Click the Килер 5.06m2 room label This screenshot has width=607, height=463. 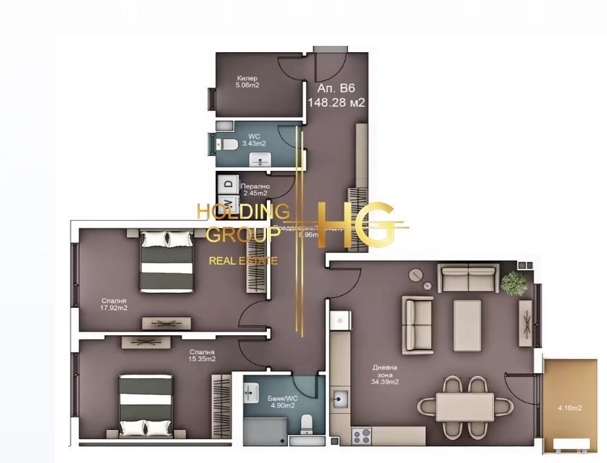coord(247,82)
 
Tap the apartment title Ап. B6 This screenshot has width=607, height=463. coord(336,89)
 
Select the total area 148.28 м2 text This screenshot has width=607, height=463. coord(336,102)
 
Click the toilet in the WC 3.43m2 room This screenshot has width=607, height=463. coord(228,144)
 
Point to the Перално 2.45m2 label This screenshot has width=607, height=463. coord(255,189)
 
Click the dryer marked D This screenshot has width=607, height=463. coord(228,184)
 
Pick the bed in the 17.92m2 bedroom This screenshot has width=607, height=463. coord(168,260)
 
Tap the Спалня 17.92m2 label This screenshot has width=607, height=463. coord(114,304)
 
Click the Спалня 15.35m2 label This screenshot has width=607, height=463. coord(202,355)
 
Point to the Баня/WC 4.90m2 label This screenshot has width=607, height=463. coord(281,402)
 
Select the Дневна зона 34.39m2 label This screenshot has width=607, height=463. coord(385,375)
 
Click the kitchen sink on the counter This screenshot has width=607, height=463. coord(339,399)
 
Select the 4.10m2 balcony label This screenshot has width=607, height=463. coord(569,407)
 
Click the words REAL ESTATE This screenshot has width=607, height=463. coord(243,261)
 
